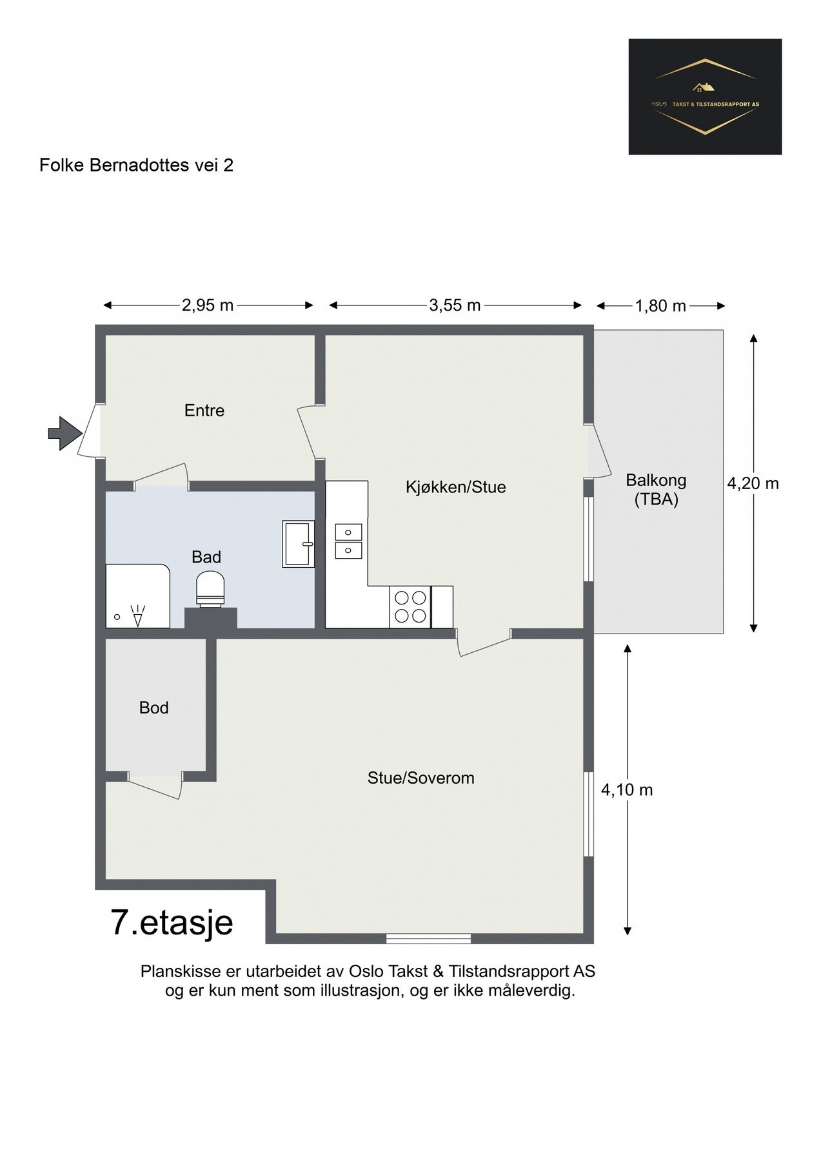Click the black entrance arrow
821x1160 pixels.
point(63,433)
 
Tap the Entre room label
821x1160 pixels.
point(204,411)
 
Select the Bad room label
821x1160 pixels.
point(206,557)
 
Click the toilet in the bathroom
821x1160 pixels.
point(211,590)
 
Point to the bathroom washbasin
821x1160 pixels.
point(298,544)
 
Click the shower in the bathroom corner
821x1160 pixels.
point(138,596)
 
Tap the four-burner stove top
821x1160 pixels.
point(410,606)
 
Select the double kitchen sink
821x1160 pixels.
point(348,541)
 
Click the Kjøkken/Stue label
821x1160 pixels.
point(456,487)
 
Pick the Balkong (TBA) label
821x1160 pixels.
point(656,490)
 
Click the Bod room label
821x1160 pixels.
point(154,708)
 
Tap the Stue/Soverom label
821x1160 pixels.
point(421,778)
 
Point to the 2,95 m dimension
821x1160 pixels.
point(208,305)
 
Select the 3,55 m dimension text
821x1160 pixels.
point(455,305)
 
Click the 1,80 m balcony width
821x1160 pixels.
point(660,305)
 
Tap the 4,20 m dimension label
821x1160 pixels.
point(753,483)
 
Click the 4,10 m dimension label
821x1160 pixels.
point(627,789)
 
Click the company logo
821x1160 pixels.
point(705,97)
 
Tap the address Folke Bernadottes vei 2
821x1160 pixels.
point(136,166)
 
